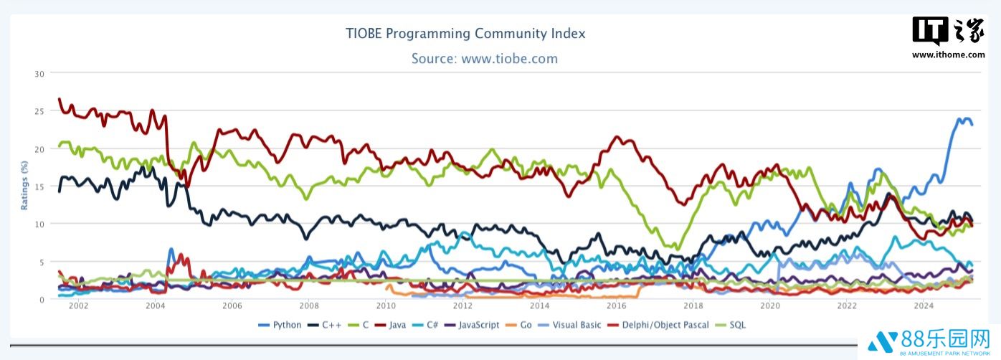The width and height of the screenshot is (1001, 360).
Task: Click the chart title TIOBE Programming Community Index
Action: [465, 34]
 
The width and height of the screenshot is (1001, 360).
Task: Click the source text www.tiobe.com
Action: [484, 59]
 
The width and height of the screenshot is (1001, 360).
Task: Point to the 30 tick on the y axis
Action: [39, 73]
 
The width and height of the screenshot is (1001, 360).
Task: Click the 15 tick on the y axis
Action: [39, 186]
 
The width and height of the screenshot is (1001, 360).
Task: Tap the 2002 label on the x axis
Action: [78, 305]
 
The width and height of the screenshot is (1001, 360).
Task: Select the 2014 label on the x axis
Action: [539, 305]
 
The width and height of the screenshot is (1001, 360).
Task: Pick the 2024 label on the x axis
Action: [924, 305]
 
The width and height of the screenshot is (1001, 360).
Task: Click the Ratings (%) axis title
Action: [24, 186]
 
